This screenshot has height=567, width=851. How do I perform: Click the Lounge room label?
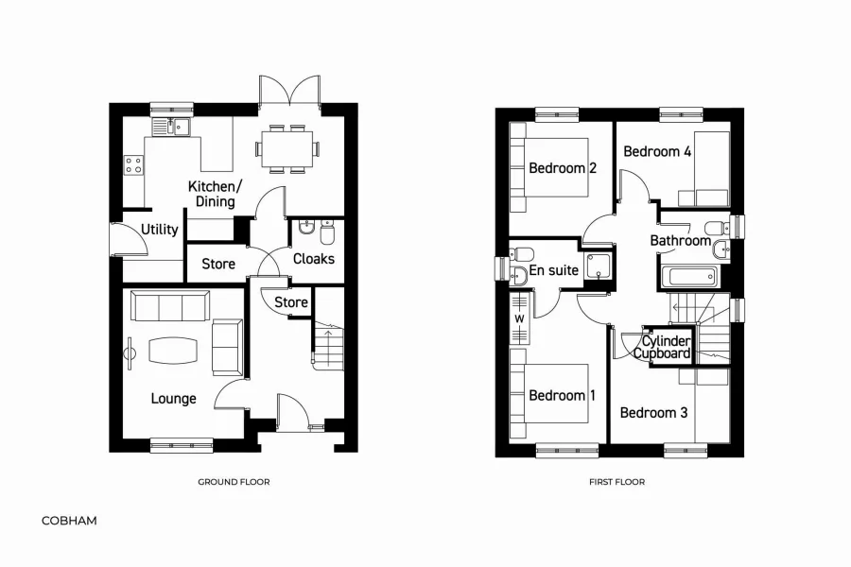173,399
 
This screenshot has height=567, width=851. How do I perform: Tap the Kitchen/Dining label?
215,194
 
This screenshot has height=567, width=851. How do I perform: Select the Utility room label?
160,230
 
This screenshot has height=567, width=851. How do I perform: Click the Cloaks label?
314,259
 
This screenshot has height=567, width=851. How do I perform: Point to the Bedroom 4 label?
657,151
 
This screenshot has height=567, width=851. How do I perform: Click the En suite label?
553,269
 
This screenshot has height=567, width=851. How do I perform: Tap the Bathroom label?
681,240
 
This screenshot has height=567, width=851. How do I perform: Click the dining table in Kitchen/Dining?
287,148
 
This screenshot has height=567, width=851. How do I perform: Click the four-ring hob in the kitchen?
134,165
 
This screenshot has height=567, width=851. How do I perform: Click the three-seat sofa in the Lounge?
170,306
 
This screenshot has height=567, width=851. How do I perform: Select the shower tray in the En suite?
598,268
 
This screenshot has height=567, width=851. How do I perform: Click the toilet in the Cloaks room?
327,232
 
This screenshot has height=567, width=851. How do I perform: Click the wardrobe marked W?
519,318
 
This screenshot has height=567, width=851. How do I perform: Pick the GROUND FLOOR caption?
234,482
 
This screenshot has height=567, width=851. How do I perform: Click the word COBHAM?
69,521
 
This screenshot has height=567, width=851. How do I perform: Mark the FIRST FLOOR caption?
617,482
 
